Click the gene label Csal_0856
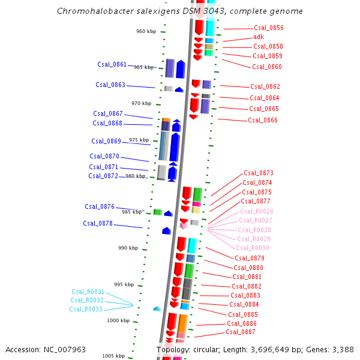click(268, 28)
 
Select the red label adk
click(259, 37)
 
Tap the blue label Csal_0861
click(112, 64)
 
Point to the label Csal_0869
click(106, 142)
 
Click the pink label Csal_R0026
click(257, 211)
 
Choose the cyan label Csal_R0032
click(87, 300)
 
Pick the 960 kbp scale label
click(146, 31)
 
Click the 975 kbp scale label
click(139, 140)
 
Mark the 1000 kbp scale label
click(118, 320)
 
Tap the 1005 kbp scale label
click(113, 356)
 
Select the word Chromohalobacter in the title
click(89, 11)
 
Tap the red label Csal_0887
click(241, 332)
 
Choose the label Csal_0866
click(263, 120)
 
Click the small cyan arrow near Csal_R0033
click(157, 308)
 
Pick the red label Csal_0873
click(259, 173)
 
